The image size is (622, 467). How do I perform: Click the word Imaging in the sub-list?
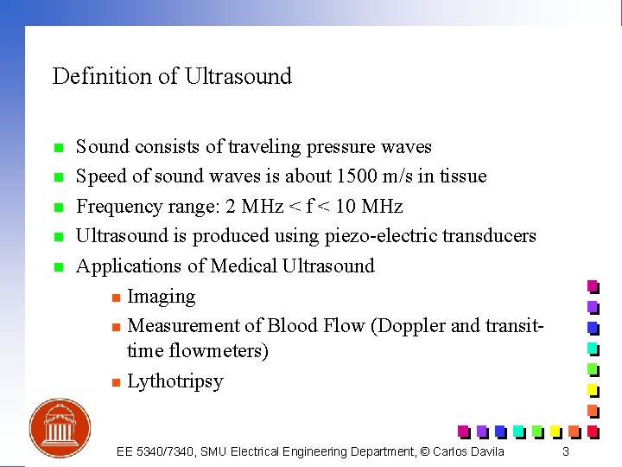click(x=161, y=297)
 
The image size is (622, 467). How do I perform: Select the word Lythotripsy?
click(x=175, y=381)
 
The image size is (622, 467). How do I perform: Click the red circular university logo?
click(x=60, y=428)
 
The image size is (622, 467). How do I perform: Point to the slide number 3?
click(x=565, y=451)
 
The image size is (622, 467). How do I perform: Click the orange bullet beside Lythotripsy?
click(x=114, y=382)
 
